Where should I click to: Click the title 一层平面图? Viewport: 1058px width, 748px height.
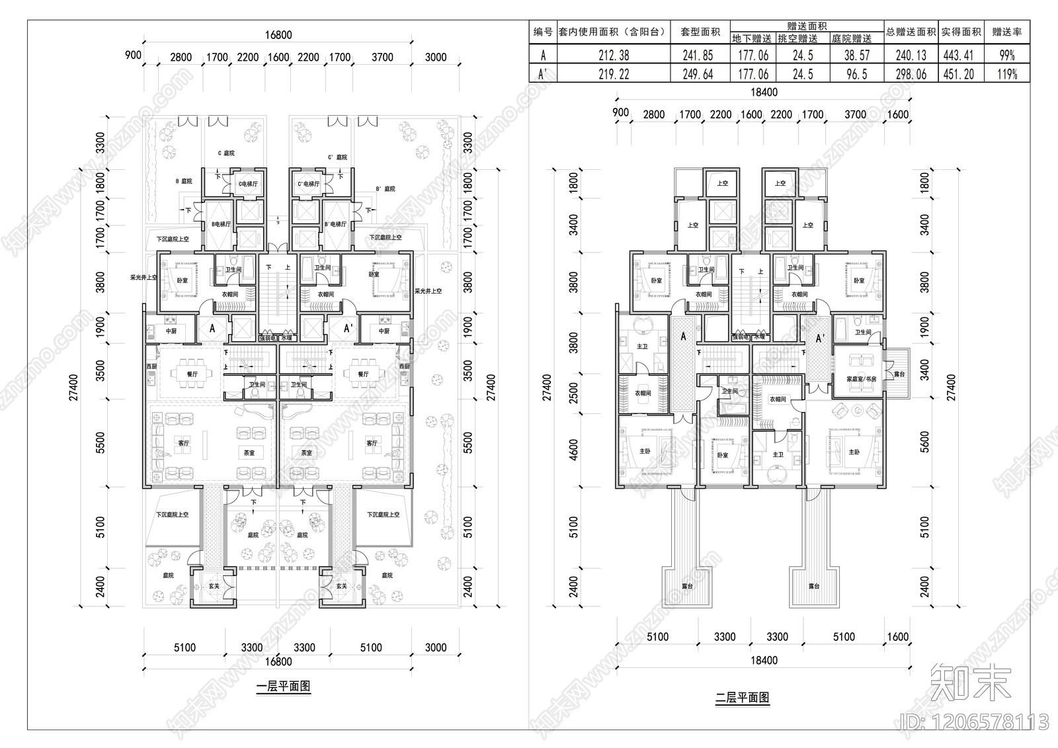point(283,686)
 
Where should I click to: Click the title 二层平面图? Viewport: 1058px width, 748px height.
point(742,697)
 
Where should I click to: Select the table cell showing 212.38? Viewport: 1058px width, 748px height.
point(613,56)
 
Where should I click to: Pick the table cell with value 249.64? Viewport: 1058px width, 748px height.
point(698,74)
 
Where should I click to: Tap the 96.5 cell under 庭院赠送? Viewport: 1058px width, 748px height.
point(856,74)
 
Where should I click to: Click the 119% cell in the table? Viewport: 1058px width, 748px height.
point(1006,74)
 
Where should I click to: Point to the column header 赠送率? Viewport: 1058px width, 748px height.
point(1006,32)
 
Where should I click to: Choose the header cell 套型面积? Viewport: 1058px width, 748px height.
point(700,32)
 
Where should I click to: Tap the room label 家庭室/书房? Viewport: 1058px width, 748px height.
point(861,380)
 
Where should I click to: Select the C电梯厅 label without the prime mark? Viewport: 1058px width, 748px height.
point(248,184)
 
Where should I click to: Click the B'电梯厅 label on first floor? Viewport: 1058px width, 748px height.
point(335,224)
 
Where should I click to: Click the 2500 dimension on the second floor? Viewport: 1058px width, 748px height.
point(573,392)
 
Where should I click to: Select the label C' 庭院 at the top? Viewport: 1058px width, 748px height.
point(337,157)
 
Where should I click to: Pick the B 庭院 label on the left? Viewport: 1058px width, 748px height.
point(183,181)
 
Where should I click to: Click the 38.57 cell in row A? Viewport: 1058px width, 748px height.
point(856,56)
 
